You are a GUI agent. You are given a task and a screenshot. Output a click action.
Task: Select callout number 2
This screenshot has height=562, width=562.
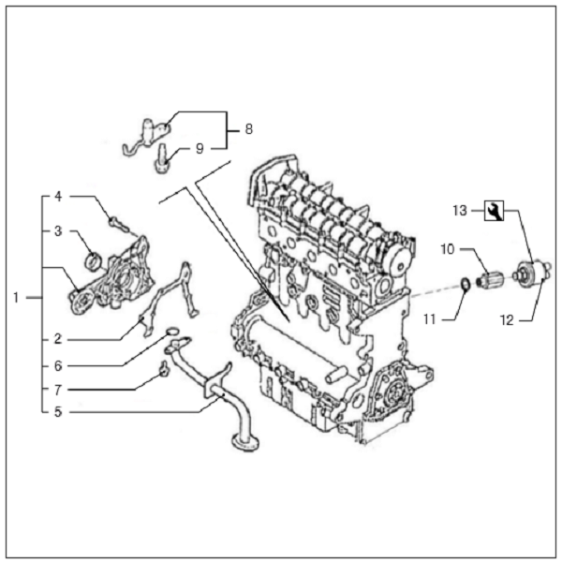pos(57,337)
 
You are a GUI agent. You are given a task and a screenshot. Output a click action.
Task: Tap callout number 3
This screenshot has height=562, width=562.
pos(57,230)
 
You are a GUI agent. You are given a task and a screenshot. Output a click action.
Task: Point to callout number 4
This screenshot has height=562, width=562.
pos(57,198)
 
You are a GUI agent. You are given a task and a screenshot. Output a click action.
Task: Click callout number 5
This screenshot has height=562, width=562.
pos(57,409)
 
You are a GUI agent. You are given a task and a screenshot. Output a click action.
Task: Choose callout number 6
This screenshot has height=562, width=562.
pos(57,365)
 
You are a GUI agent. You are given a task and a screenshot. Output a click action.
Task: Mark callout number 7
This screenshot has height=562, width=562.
pos(57,388)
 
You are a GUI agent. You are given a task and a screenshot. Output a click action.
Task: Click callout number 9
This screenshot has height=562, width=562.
pos(199,147)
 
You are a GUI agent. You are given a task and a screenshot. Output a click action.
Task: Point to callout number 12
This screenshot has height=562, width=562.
pos(507,319)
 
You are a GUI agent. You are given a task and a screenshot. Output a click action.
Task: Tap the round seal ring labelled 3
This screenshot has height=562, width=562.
pos(93,258)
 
